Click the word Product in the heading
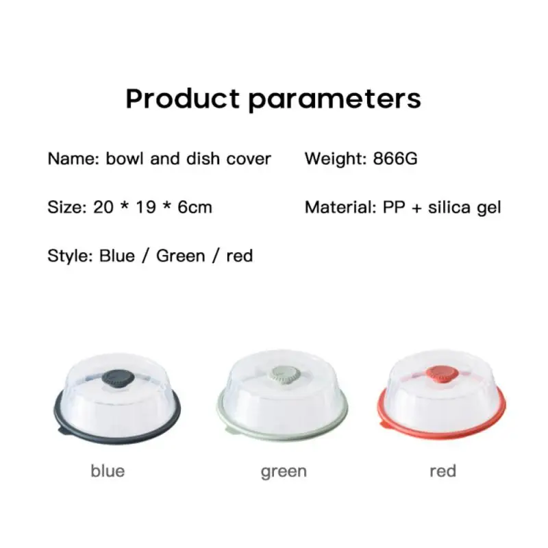(x=182, y=99)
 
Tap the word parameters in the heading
(x=335, y=100)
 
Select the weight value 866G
(x=395, y=158)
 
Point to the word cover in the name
(x=249, y=160)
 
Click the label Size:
(x=66, y=207)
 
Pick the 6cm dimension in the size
(x=195, y=207)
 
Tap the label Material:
(x=340, y=208)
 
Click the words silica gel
(x=464, y=208)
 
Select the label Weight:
(x=336, y=159)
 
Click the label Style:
(x=71, y=256)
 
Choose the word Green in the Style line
(x=180, y=256)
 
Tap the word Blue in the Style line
(x=117, y=256)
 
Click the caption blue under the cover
(x=108, y=471)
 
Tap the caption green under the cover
(x=284, y=472)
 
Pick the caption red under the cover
(x=443, y=471)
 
